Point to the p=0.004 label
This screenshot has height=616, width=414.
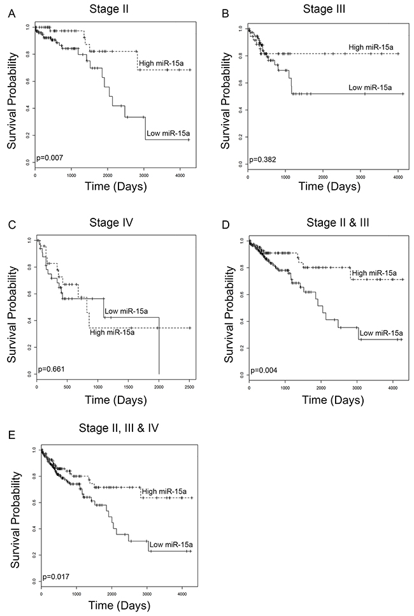click(x=262, y=369)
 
